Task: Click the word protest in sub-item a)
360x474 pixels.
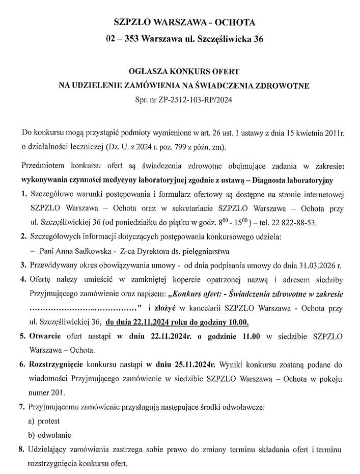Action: pos(49,421)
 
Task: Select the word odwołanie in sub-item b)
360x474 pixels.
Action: pos(53,435)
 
